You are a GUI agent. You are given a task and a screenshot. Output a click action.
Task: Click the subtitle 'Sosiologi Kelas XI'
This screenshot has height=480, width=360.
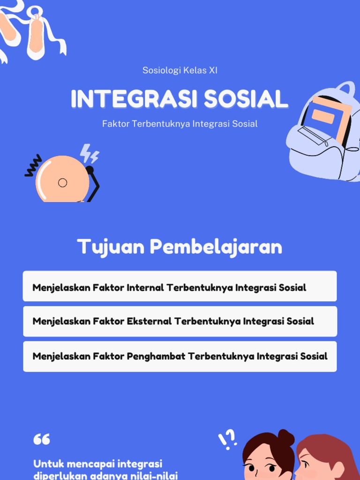(180, 71)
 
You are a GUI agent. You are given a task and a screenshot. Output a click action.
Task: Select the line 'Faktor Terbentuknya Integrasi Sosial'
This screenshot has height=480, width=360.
(180, 124)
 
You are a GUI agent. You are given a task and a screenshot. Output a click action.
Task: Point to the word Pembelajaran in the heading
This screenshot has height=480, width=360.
(216, 247)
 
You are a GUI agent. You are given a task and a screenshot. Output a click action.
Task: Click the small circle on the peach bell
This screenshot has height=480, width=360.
(62, 183)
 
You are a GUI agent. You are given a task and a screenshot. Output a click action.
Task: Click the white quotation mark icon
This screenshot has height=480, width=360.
(42, 439)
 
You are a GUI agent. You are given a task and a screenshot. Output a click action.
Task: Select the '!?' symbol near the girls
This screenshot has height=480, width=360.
(227, 439)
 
